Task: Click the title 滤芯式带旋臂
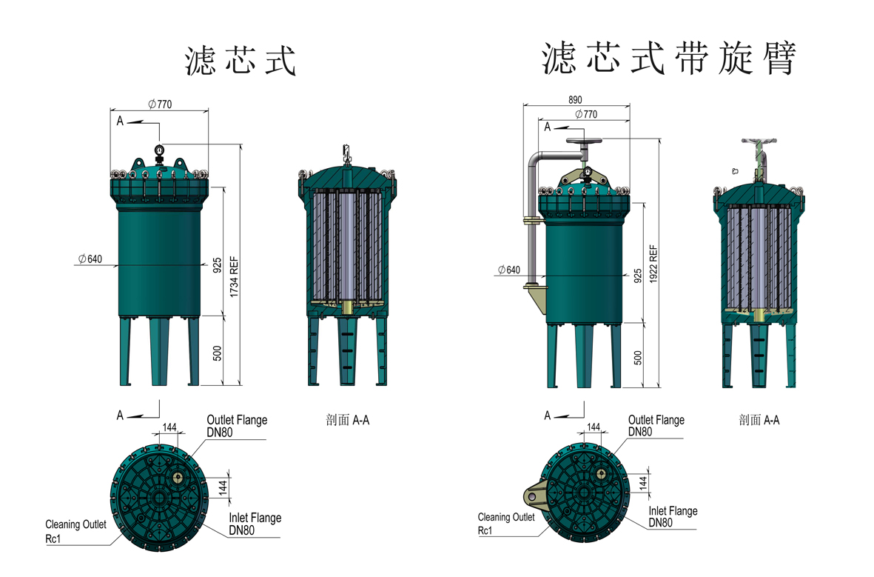pyautogui.click(x=668, y=59)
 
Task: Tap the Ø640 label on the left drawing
pyautogui.click(x=89, y=259)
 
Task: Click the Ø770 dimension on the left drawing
pyautogui.click(x=160, y=104)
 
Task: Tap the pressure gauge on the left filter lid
pyautogui.click(x=159, y=152)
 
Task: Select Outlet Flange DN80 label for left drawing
pyautogui.click(x=237, y=425)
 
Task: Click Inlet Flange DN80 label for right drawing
pyautogui.click(x=673, y=516)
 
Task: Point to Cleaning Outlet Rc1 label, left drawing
pyautogui.click(x=75, y=530)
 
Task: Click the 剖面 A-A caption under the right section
pyautogui.click(x=759, y=420)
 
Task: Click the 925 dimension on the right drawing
pyautogui.click(x=638, y=276)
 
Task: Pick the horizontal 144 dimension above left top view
pyautogui.click(x=169, y=427)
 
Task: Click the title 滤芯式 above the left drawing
pyautogui.click(x=241, y=61)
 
